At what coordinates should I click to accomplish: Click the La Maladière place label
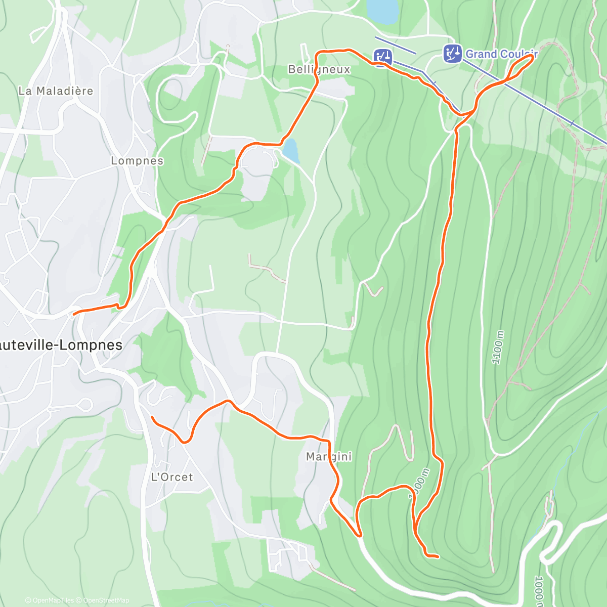pos(56,91)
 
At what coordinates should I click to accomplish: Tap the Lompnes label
pos(137,161)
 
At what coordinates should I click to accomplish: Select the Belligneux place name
pos(319,69)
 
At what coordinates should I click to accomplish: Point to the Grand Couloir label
pos(501,54)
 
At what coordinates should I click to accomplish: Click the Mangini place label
pos(329,457)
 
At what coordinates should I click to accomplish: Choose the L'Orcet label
pos(172,477)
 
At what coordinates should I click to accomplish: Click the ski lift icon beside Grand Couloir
pos(452,53)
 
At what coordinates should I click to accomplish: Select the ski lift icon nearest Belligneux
pos(383,57)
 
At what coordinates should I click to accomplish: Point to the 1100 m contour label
pos(498,347)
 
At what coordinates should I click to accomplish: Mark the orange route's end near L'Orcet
pos(152,417)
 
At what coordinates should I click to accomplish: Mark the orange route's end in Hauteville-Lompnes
pos(74,314)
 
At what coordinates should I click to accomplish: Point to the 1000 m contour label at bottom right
pos(539,589)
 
